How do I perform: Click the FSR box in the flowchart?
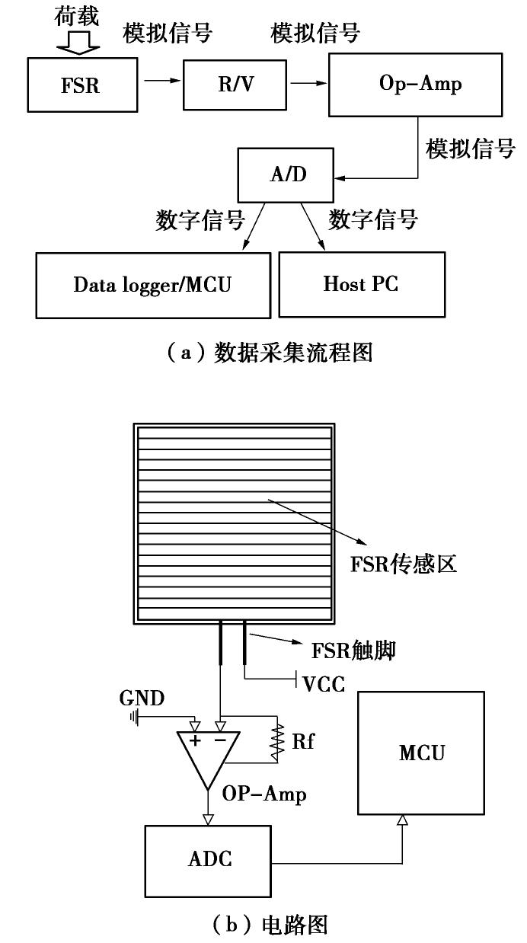[x=80, y=85]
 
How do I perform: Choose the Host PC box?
[x=361, y=285]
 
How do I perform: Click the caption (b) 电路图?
[x=263, y=925]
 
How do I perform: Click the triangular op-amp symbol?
[x=207, y=755]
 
